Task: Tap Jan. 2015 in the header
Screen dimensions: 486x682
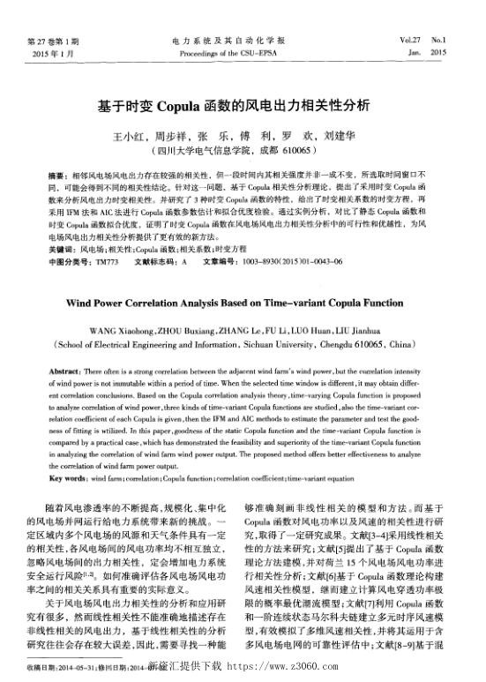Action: pyautogui.click(x=427, y=54)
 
